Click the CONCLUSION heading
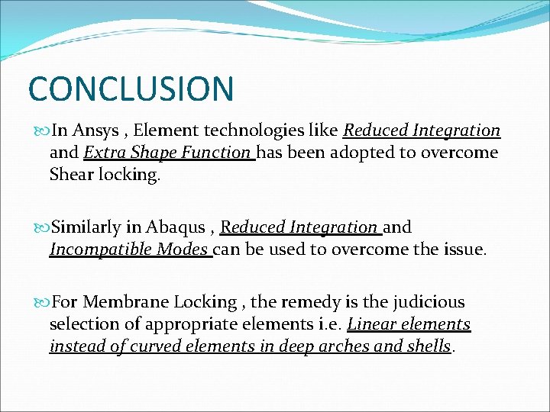tap(131, 88)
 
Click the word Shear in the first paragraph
tap(72, 174)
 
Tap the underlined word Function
tap(217, 153)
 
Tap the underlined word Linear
tap(372, 324)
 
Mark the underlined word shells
tap(430, 346)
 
